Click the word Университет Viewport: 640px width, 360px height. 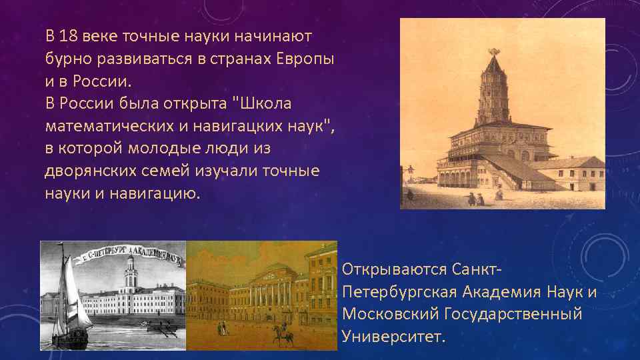tap(391, 336)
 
